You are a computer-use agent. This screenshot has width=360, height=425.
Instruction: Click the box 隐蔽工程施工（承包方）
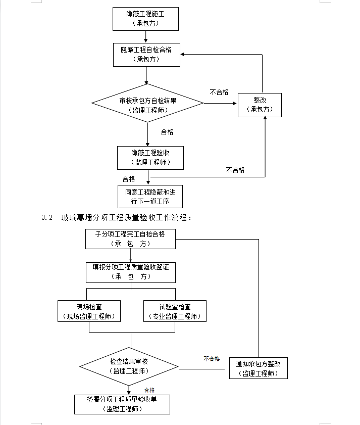point(145,19)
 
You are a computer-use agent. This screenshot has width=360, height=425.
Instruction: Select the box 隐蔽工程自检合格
point(146,55)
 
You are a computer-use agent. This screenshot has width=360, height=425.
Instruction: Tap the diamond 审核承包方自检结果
point(147,103)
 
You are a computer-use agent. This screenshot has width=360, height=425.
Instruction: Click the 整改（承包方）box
point(260,105)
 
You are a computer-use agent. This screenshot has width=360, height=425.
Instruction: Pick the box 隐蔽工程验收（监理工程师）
point(150,158)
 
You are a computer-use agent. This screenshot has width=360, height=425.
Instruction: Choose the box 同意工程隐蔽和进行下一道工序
point(150,197)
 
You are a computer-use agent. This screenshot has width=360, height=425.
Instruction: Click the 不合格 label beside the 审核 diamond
point(219,92)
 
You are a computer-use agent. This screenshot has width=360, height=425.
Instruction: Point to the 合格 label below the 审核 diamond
point(167,132)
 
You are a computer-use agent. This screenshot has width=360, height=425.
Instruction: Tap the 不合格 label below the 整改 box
point(235,170)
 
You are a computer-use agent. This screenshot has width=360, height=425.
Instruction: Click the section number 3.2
point(47,217)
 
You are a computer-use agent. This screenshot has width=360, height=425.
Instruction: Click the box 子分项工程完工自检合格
point(130,239)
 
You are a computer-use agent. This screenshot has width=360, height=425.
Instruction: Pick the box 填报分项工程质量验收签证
point(131,272)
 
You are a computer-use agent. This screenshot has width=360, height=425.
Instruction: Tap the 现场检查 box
point(89,311)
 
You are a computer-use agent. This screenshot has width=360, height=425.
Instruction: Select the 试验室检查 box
point(175,311)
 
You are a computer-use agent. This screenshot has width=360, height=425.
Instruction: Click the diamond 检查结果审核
point(129,366)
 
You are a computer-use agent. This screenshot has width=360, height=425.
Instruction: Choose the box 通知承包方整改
point(259,368)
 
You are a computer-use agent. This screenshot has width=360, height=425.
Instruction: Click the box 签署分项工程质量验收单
point(122,404)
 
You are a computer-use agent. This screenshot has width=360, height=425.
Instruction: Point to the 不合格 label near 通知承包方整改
point(212,359)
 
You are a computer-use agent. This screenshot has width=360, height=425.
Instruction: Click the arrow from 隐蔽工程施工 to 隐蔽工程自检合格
point(146,36)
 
